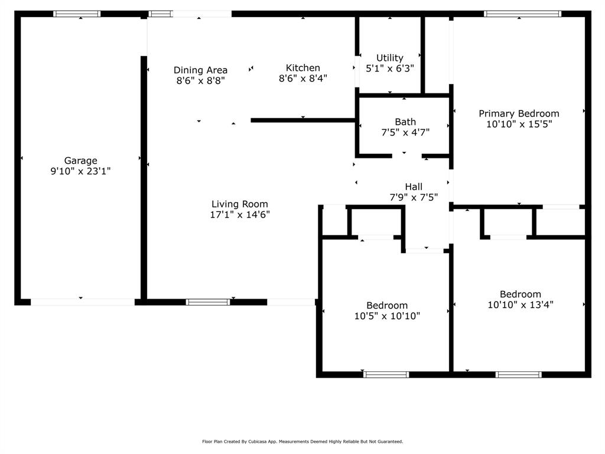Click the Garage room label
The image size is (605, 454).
80,160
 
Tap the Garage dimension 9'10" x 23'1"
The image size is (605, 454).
80,171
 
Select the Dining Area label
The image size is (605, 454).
200,70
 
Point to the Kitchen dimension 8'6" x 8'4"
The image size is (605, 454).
303,78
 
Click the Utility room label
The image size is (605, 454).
390,57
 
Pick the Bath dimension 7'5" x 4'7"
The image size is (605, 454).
405,132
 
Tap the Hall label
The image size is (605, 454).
414,187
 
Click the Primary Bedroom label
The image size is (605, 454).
519,113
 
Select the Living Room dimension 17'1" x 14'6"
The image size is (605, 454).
240,215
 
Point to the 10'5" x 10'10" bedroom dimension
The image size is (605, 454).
387,316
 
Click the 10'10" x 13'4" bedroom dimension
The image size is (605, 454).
521,305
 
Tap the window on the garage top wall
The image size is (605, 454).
77,14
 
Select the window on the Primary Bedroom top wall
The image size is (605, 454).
522,14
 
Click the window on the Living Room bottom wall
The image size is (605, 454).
208,302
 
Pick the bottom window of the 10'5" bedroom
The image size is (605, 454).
386,374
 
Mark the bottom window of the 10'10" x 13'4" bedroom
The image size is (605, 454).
518,374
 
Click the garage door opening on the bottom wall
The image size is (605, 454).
82,302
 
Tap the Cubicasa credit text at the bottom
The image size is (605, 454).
302,442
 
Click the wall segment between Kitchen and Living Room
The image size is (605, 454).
302,121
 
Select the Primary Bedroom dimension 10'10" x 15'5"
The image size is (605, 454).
519,125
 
